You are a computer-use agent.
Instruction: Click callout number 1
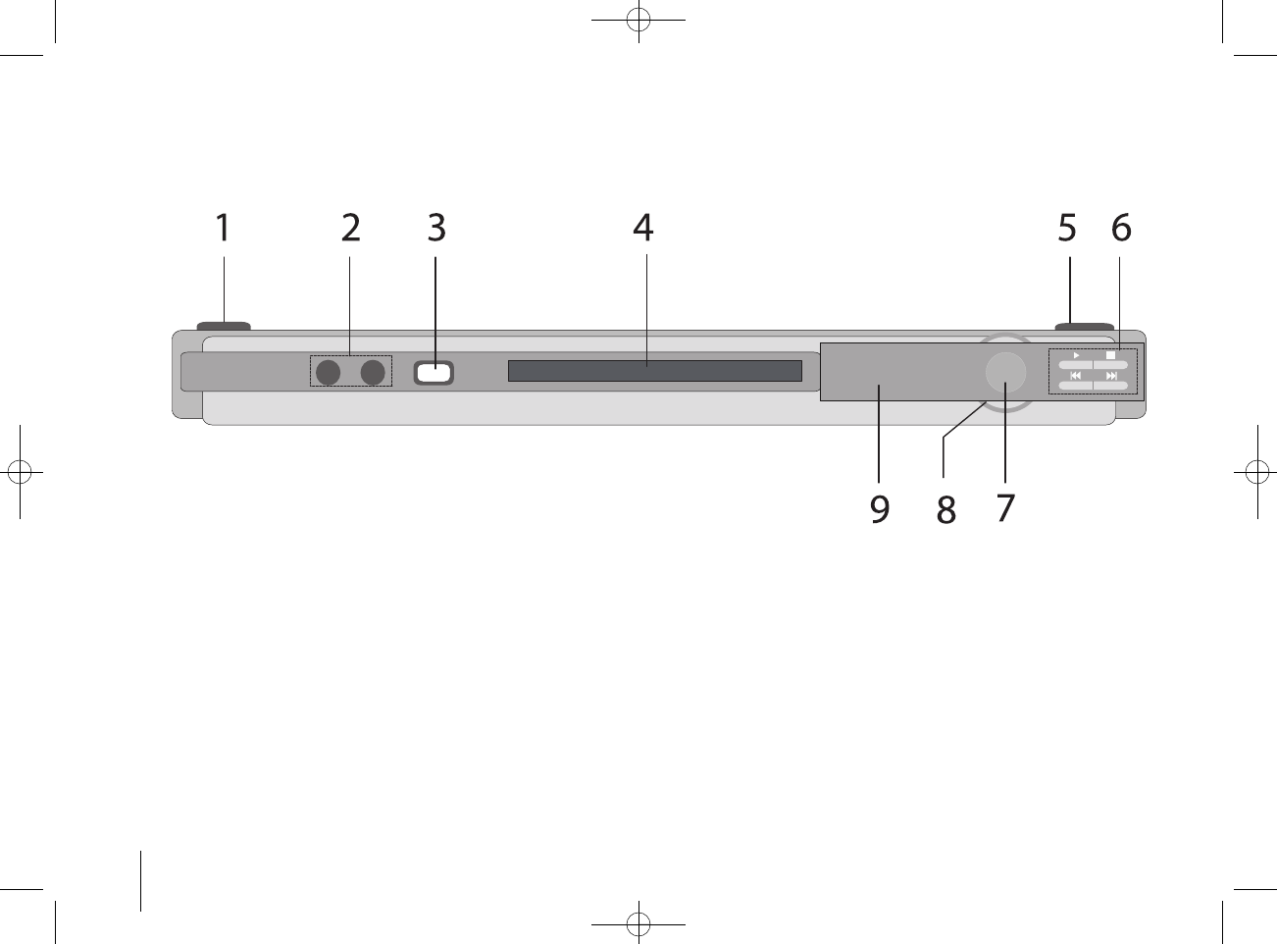click(x=224, y=228)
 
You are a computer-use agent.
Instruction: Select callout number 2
click(x=350, y=228)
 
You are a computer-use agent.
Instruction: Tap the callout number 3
click(x=436, y=228)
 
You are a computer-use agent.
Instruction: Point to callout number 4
click(x=643, y=228)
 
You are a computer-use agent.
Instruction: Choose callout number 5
click(x=1067, y=228)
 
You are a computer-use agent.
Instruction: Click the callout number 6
click(x=1121, y=228)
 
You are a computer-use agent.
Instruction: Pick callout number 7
click(x=1006, y=508)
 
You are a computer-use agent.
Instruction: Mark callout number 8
click(x=945, y=509)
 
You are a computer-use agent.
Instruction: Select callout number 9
click(x=880, y=509)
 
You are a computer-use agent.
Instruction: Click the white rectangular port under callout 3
click(x=434, y=373)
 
